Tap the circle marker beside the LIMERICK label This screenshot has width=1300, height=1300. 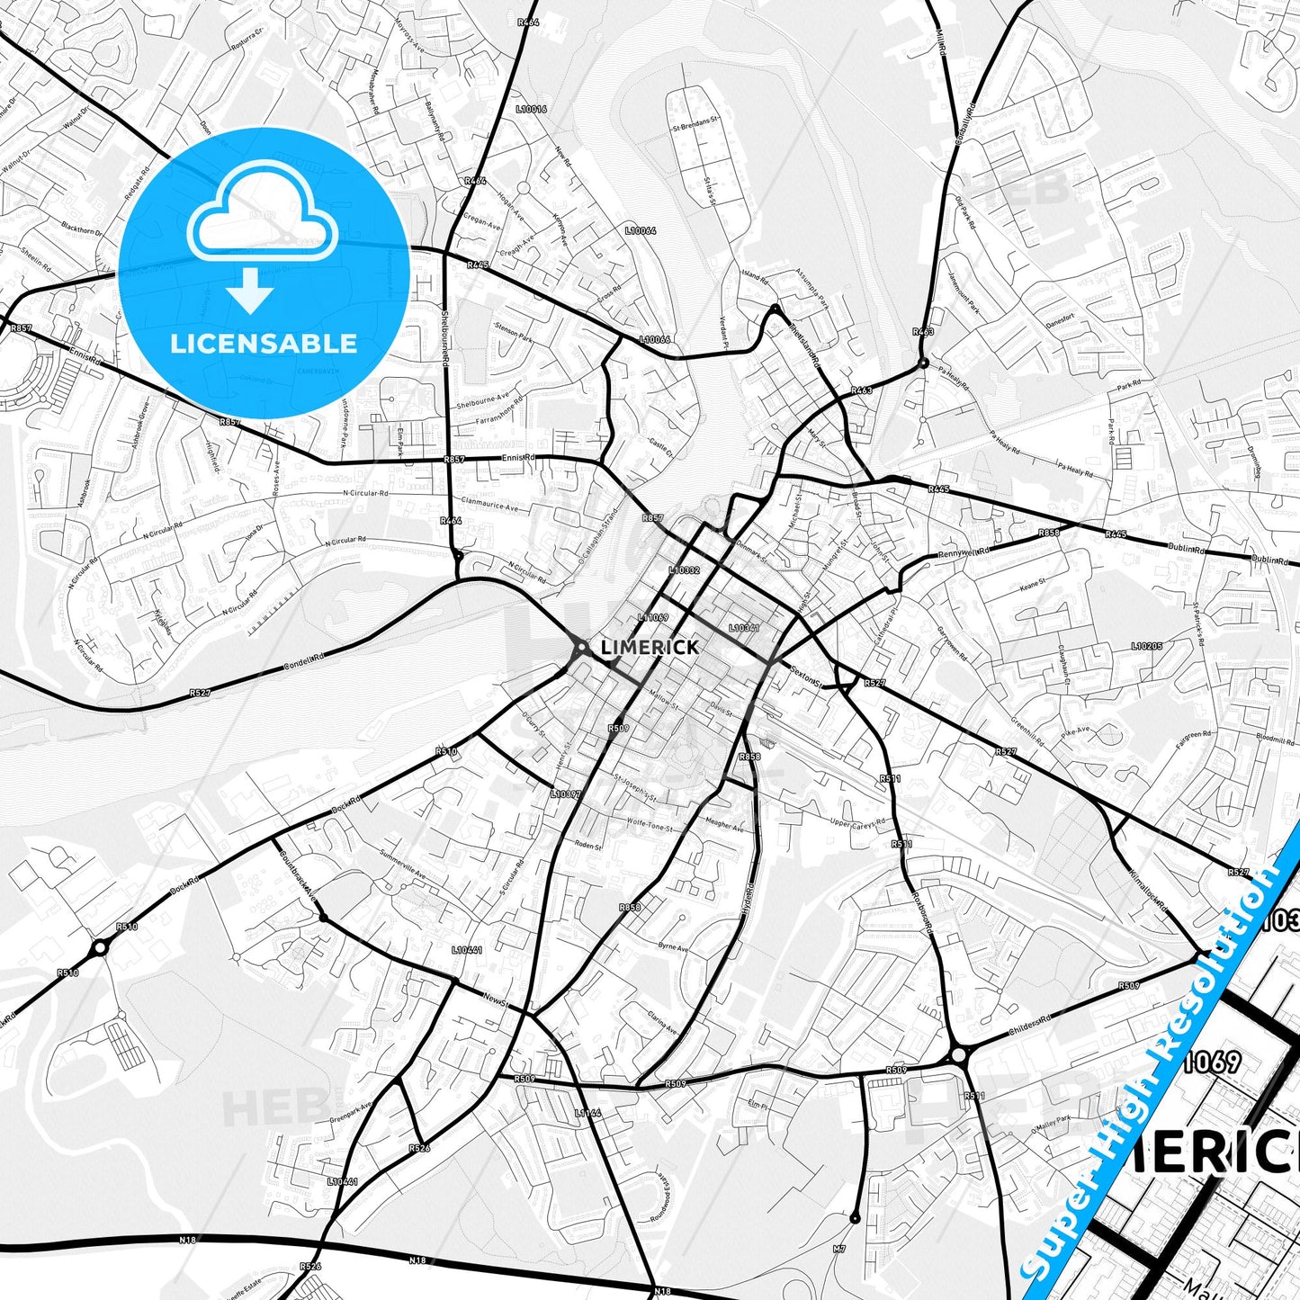[x=581, y=646]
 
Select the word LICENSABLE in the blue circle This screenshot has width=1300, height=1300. [x=264, y=344]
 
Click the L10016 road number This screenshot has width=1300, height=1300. [x=531, y=109]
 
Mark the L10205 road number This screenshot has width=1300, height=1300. [x=1147, y=645]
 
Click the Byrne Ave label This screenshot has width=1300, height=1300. [x=673, y=946]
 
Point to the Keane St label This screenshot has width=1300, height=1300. [x=1033, y=583]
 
